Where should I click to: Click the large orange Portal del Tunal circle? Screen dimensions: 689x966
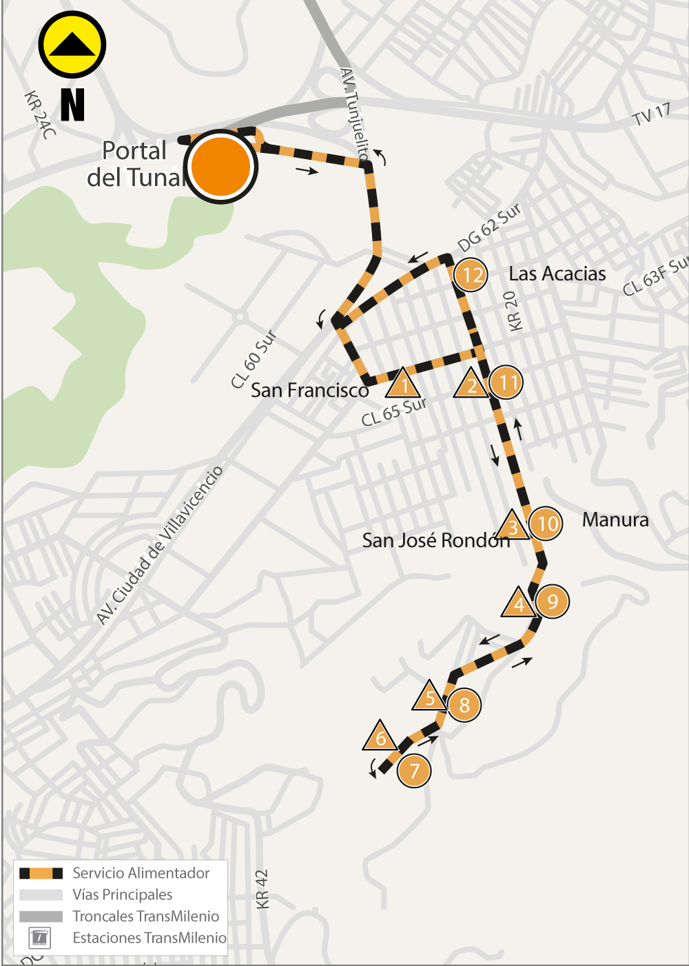(x=220, y=166)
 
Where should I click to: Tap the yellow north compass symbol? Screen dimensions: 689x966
(x=72, y=45)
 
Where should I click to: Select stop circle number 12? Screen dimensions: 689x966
(x=471, y=275)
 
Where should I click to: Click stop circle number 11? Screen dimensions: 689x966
(x=507, y=382)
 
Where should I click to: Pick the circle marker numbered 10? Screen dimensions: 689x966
(x=546, y=524)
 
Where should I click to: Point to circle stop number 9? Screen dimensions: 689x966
(x=552, y=602)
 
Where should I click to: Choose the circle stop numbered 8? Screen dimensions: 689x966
(x=464, y=705)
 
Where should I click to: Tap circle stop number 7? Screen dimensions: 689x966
(x=414, y=770)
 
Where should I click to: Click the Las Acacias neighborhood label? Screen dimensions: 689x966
(x=557, y=274)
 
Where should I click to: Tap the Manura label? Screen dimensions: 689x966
(x=615, y=520)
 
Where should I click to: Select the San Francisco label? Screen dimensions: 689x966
(x=309, y=390)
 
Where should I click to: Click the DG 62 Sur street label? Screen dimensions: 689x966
(x=489, y=227)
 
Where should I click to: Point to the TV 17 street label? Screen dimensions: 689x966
(x=651, y=114)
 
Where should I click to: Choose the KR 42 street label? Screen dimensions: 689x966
(x=262, y=889)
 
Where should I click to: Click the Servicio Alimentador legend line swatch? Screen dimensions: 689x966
(x=41, y=873)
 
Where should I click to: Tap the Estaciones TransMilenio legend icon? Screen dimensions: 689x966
(x=39, y=937)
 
